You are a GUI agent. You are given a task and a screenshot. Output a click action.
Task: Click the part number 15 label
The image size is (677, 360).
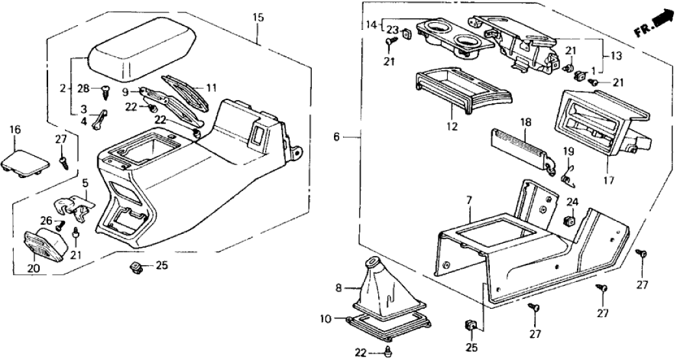(259, 18)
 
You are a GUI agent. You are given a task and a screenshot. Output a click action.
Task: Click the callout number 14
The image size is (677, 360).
(371, 25)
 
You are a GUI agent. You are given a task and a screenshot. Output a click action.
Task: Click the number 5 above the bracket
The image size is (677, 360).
(85, 183)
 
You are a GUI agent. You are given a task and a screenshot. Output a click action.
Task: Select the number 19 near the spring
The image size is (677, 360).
(568, 152)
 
